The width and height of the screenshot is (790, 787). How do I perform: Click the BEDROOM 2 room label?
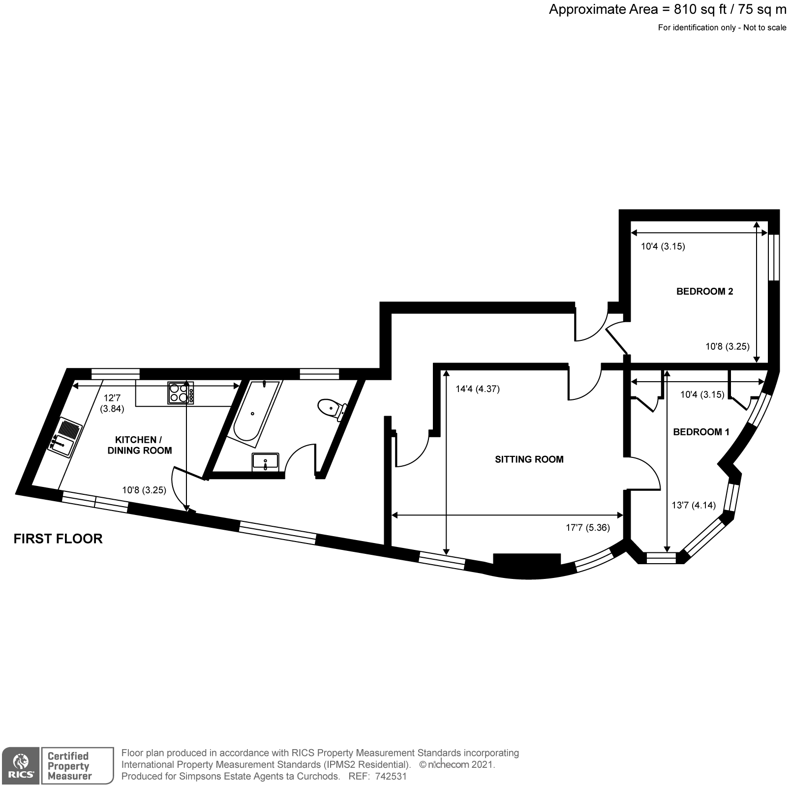click(x=704, y=291)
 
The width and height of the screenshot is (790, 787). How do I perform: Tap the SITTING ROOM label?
click(x=529, y=459)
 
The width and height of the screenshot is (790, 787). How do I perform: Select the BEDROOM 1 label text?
click(x=701, y=432)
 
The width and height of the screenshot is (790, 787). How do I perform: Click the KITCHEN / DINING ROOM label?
click(x=140, y=445)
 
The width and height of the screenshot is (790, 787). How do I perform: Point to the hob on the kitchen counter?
click(x=181, y=393)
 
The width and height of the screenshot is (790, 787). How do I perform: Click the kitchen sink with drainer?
click(x=65, y=437)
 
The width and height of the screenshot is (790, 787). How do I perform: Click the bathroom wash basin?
click(x=265, y=462)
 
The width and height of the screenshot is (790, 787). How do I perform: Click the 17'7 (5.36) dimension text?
click(x=588, y=528)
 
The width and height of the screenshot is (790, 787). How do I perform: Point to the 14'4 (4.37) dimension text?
click(x=478, y=389)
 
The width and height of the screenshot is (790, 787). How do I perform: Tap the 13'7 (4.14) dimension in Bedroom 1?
click(x=694, y=505)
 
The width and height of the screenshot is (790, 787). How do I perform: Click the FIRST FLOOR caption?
click(x=58, y=539)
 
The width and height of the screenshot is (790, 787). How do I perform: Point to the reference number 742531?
click(x=391, y=777)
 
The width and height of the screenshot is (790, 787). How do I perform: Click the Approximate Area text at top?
click(x=667, y=10)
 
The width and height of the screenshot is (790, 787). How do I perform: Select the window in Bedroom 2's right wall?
click(x=774, y=257)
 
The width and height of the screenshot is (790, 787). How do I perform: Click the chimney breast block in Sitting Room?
click(x=527, y=560)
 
